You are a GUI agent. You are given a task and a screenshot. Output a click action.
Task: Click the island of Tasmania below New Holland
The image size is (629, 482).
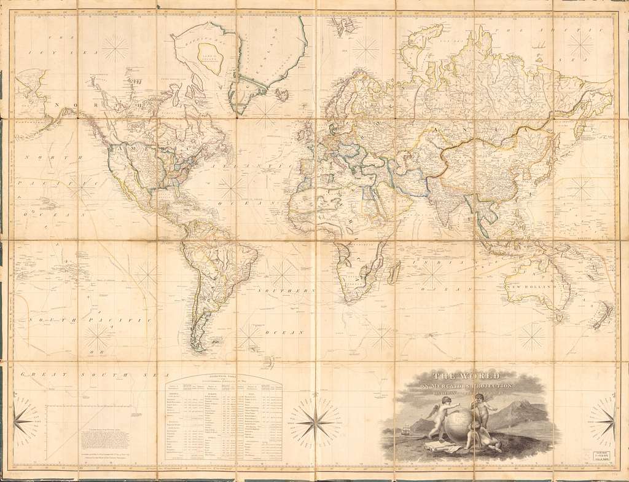(559, 318)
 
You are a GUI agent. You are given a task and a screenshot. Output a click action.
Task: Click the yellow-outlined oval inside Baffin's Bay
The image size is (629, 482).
(209, 59)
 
